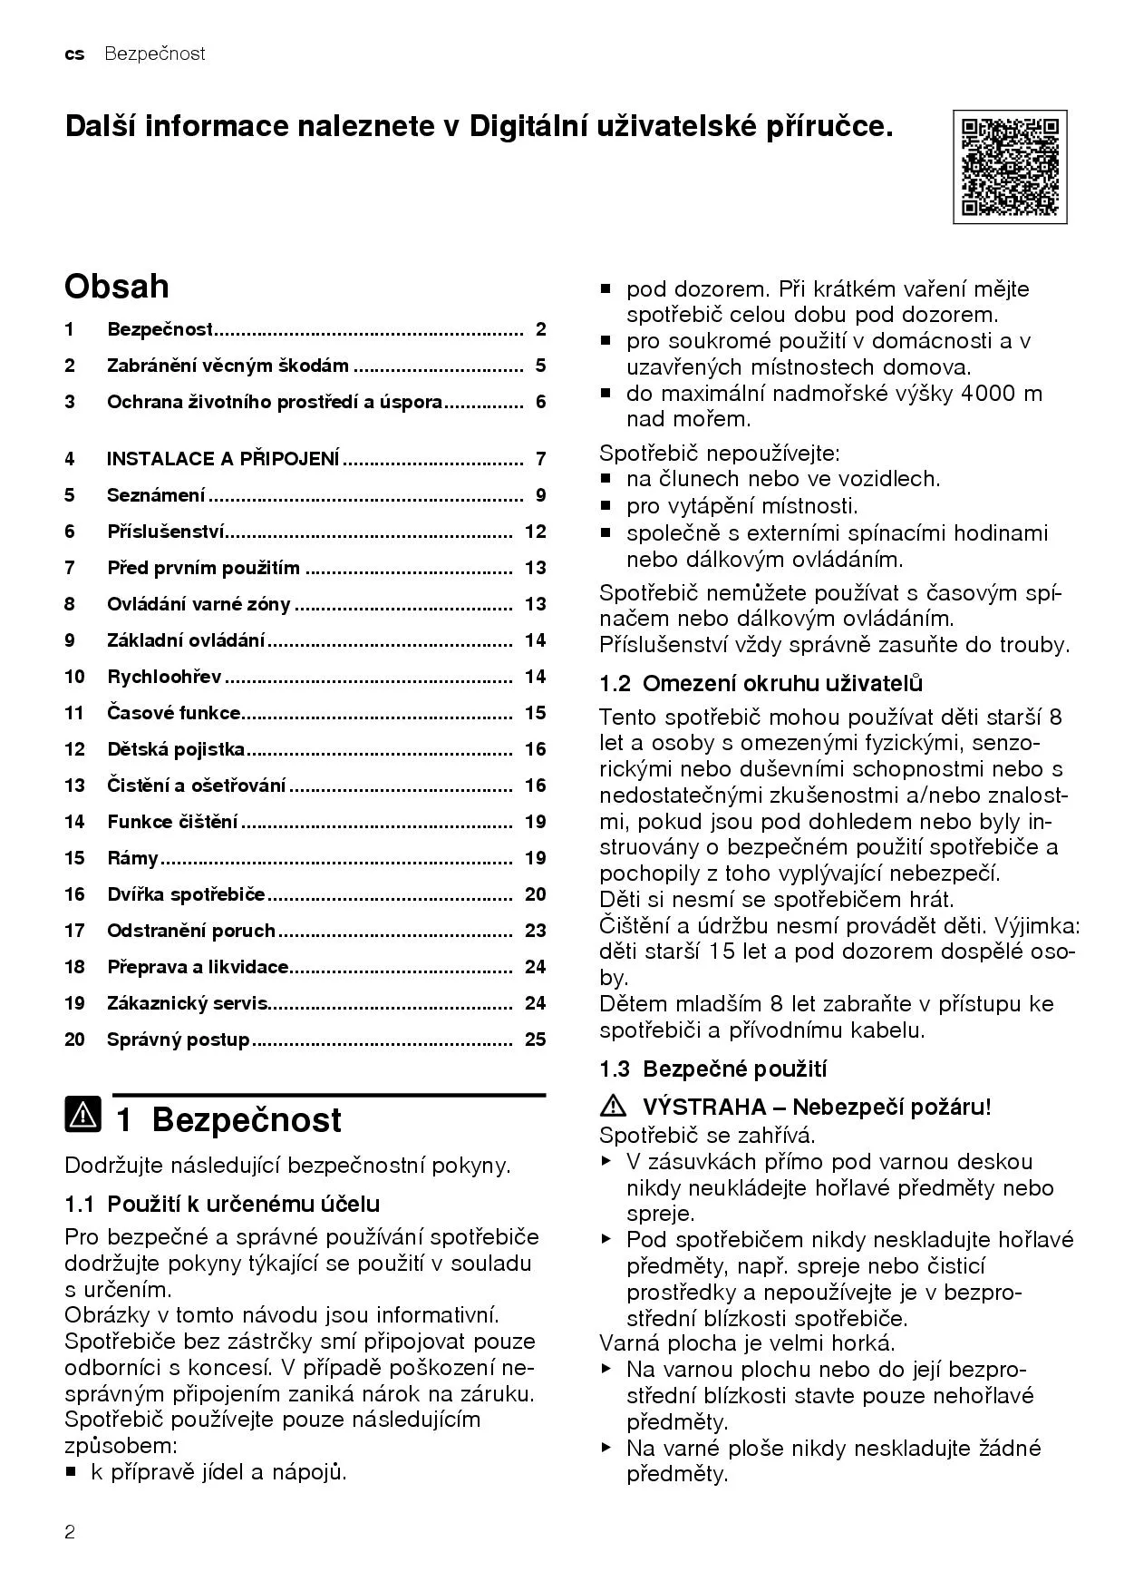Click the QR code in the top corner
(1009, 167)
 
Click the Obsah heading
(116, 287)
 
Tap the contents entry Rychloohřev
(164, 677)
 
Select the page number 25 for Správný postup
(535, 1040)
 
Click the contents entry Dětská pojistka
(176, 749)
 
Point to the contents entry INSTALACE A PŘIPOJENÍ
(222, 459)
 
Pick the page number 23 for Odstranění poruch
(535, 931)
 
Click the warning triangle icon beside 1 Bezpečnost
(83, 1115)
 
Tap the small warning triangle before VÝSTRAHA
(614, 1106)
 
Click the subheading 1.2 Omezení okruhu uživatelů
(761, 683)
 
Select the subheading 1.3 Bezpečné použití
(712, 1069)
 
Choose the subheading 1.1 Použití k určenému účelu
(222, 1204)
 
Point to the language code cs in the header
(74, 54)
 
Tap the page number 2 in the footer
(70, 1533)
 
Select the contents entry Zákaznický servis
(187, 1003)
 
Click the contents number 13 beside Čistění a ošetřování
(74, 786)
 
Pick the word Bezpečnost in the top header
(154, 54)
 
